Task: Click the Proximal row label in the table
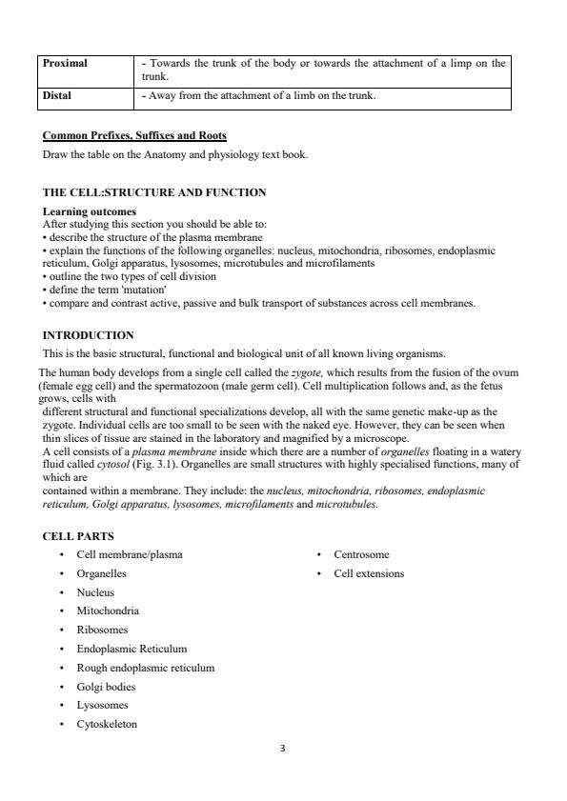[x=65, y=63]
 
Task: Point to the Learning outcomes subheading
[x=90, y=211]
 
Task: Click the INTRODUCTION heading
[x=89, y=335]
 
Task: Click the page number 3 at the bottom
[x=283, y=749]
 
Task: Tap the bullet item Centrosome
[x=361, y=554]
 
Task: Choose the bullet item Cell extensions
[x=369, y=573]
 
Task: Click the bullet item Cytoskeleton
[x=107, y=724]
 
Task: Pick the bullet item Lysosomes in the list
[x=102, y=705]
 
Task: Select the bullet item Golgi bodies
[x=106, y=686]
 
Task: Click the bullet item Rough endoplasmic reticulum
[x=145, y=668]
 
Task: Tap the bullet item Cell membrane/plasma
[x=130, y=554]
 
